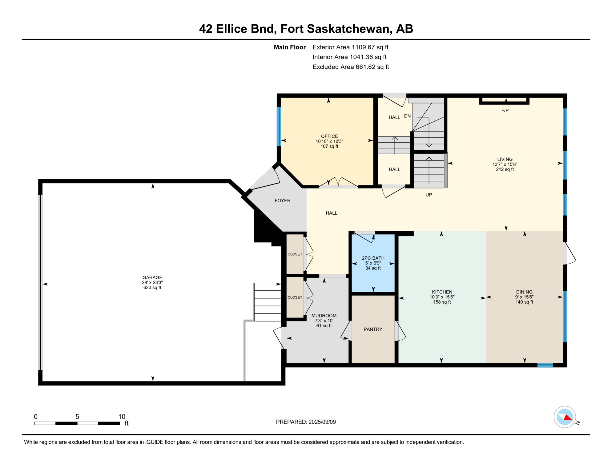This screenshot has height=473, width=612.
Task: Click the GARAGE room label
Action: click(x=152, y=277)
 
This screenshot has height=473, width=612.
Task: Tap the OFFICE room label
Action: click(x=329, y=136)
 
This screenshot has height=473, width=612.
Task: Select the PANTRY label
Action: click(x=373, y=329)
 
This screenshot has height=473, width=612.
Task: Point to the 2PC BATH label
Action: click(x=373, y=258)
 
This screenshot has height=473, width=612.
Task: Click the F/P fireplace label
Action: click(x=505, y=110)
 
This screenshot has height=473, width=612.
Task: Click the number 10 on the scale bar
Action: click(x=122, y=417)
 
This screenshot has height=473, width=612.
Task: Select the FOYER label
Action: click(x=282, y=200)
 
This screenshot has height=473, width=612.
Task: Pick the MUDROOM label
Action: click(x=324, y=316)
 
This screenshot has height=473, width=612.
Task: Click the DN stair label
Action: click(x=407, y=116)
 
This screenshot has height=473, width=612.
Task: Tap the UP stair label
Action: click(x=429, y=195)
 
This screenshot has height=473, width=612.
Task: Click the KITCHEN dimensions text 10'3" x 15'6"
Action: click(x=442, y=297)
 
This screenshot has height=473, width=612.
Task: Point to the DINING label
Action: click(x=524, y=292)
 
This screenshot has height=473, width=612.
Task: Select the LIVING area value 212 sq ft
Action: click(x=505, y=169)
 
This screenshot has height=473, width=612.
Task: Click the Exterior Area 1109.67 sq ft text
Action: click(x=350, y=47)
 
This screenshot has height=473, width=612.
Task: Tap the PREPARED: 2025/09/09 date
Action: click(x=306, y=422)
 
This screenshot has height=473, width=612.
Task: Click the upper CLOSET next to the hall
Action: click(x=295, y=254)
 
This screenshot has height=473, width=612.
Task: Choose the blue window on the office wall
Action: click(x=279, y=127)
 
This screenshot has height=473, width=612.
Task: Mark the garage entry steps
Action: click(x=267, y=302)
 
